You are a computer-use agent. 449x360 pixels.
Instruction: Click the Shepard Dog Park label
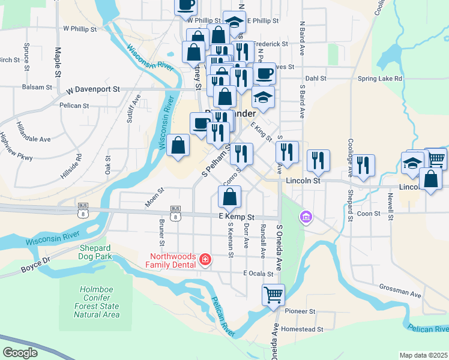coord(95,252)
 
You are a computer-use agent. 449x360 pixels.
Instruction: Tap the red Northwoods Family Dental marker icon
coord(205,259)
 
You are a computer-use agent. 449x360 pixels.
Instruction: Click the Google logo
coord(19,352)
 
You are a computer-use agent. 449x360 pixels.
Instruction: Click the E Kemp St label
coord(237,217)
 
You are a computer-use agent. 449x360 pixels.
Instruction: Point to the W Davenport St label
coord(92,89)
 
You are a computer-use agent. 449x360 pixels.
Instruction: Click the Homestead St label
coord(303,329)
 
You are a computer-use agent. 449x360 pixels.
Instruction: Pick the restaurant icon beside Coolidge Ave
coord(363,164)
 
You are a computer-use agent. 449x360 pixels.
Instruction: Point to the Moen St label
coord(154,197)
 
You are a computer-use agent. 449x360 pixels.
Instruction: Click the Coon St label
coord(369,213)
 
